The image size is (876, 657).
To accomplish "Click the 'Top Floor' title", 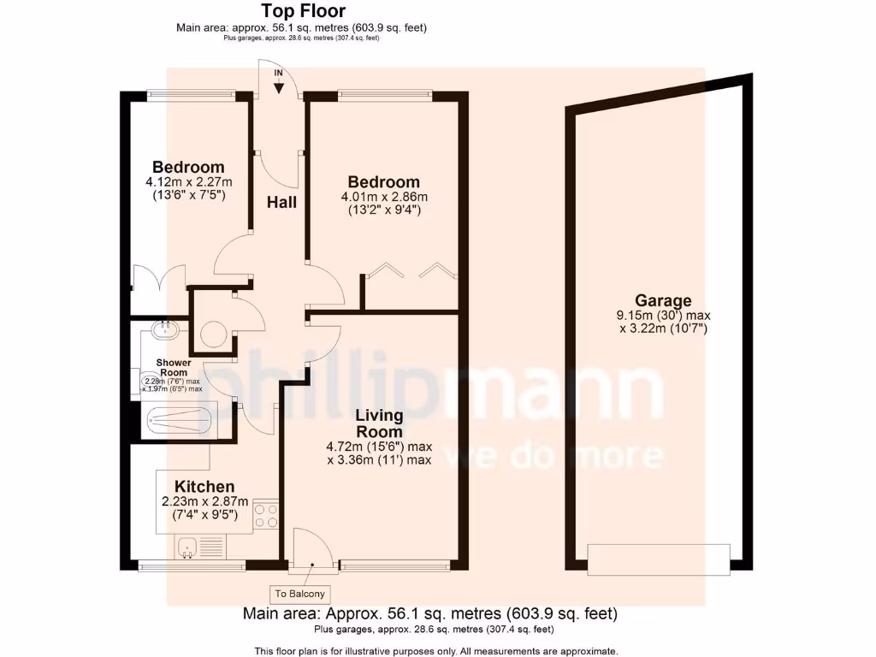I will (x=304, y=11).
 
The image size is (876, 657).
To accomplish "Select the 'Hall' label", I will (x=282, y=203).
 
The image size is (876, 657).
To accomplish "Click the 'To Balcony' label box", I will (x=299, y=594).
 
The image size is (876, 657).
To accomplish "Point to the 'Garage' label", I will (x=663, y=300).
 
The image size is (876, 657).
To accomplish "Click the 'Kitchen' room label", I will (x=205, y=487).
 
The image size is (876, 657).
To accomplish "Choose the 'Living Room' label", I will (x=380, y=423).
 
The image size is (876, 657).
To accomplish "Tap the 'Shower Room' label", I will (x=174, y=368).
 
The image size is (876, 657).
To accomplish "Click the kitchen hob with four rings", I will (x=266, y=516).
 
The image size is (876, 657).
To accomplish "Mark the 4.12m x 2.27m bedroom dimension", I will (x=189, y=181).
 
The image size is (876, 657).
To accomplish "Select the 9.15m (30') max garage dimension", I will (x=662, y=315).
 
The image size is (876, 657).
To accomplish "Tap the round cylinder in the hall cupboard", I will (x=212, y=333).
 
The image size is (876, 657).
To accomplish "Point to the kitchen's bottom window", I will (x=192, y=565).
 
